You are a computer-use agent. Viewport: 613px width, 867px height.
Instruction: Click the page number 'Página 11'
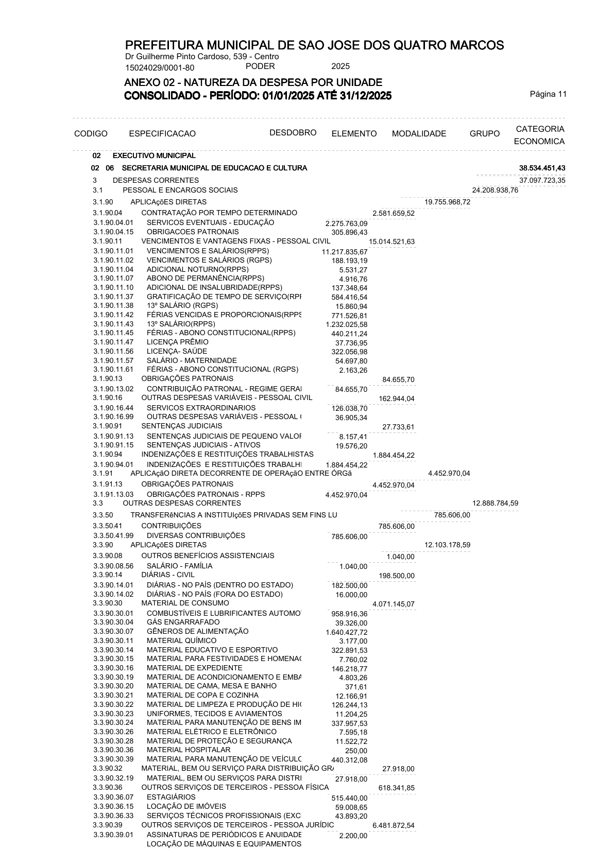click(548, 94)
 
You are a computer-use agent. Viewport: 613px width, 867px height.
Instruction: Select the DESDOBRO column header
click(293, 133)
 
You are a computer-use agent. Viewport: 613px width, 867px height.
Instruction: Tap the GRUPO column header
click(484, 134)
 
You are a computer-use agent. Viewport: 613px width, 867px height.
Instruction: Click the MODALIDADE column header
click(419, 134)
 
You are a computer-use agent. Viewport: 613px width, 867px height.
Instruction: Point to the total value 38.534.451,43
click(542, 168)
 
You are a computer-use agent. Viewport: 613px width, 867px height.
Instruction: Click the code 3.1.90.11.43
click(113, 324)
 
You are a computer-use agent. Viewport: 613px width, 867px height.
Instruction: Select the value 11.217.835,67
click(345, 252)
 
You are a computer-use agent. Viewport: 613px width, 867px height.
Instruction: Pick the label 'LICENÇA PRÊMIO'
click(178, 342)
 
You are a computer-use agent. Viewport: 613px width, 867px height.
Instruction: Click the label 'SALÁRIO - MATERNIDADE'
click(192, 360)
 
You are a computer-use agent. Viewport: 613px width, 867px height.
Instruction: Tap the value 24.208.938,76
click(495, 190)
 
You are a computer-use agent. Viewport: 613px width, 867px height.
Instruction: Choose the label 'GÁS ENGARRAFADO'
click(183, 622)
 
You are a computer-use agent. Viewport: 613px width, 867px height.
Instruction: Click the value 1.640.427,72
click(347, 632)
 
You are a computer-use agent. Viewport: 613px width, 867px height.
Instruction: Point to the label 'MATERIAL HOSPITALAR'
click(189, 750)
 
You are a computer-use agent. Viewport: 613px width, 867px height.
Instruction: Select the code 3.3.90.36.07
click(113, 797)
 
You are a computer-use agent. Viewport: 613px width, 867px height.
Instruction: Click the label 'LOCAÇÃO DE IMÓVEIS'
click(186, 806)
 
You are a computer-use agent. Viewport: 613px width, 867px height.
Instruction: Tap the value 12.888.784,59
click(495, 503)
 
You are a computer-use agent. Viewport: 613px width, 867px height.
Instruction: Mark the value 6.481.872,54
click(394, 826)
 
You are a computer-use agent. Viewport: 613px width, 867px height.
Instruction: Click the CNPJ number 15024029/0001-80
click(160, 67)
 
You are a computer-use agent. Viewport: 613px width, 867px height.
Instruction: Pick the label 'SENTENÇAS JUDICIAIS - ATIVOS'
click(203, 445)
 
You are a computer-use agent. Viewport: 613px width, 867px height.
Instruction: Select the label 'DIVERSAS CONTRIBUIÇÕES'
click(196, 535)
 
